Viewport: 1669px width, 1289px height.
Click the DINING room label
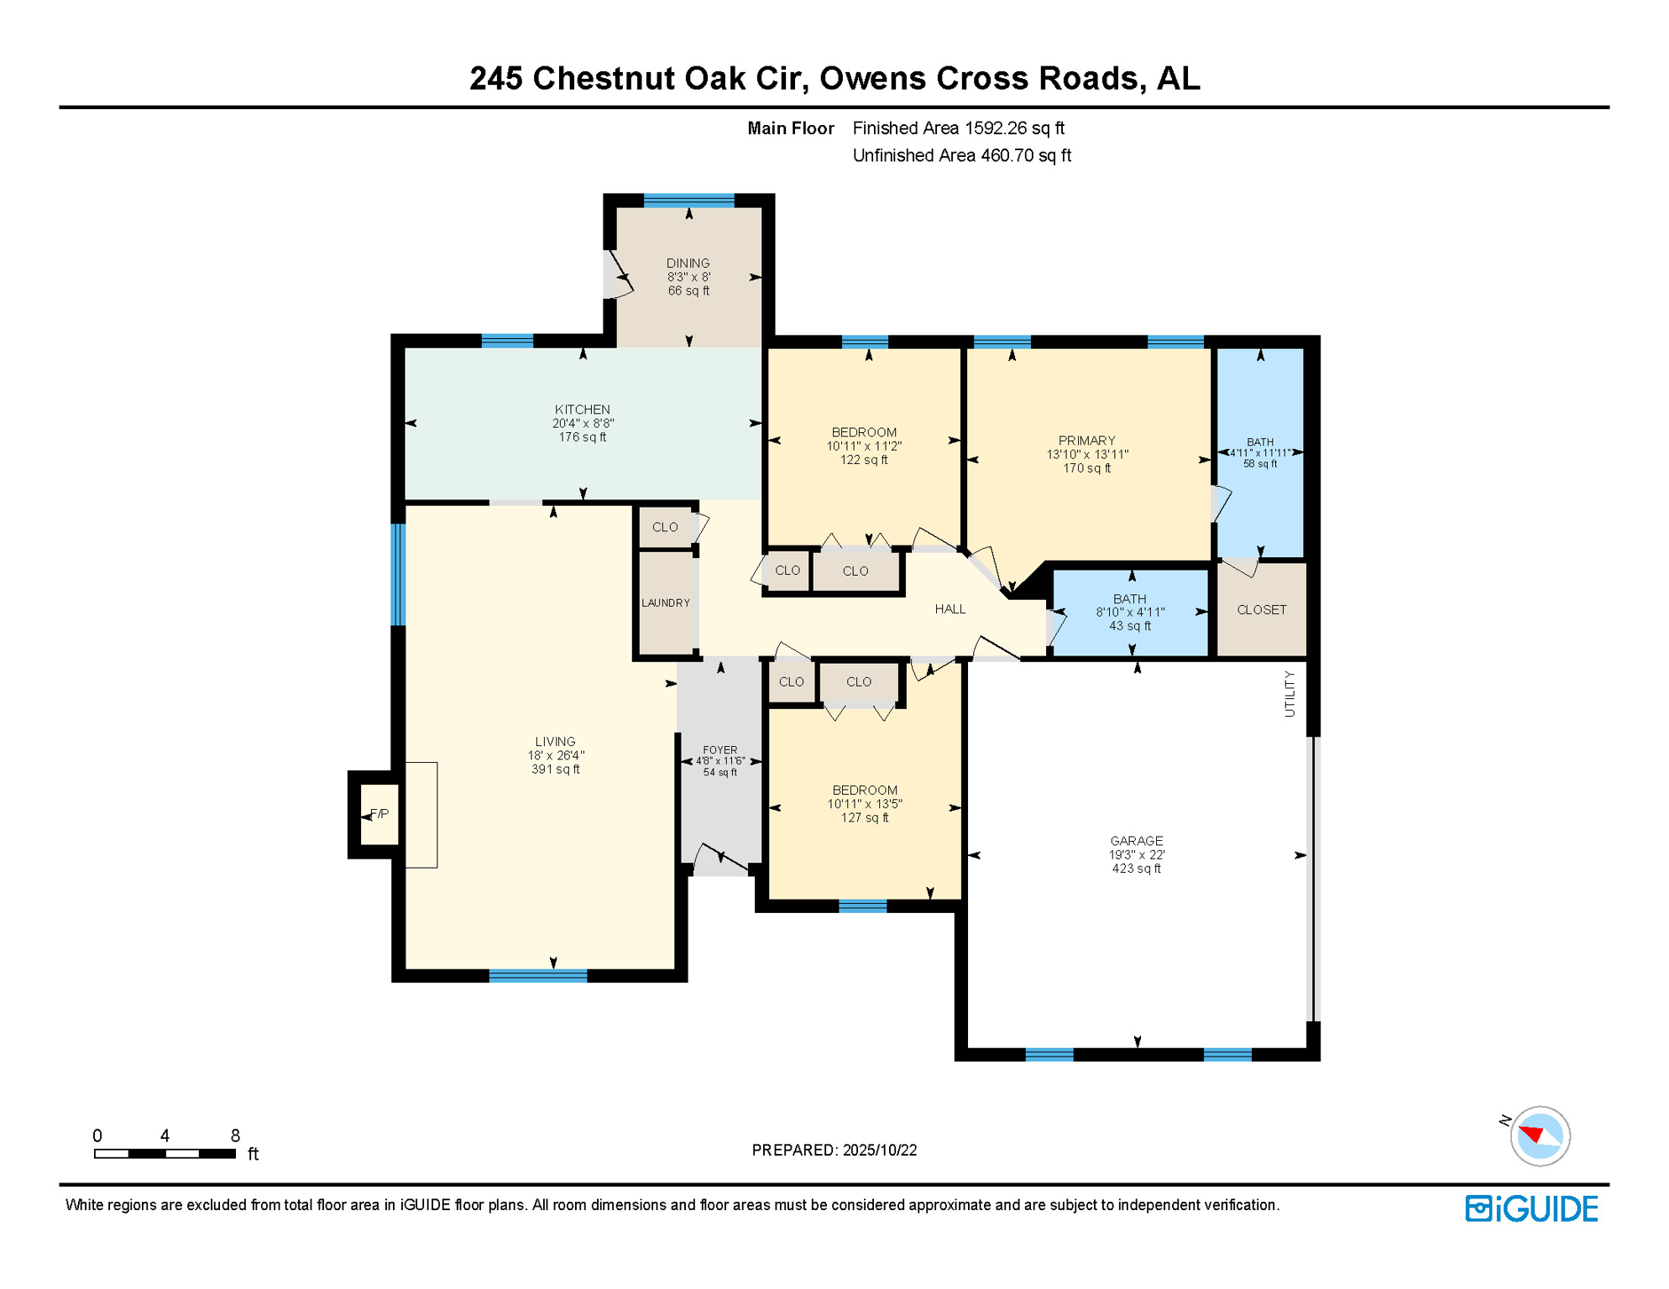pyautogui.click(x=688, y=264)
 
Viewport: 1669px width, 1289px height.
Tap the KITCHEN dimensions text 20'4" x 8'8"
pyautogui.click(x=583, y=424)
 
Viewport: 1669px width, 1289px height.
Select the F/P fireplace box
pyautogui.click(x=379, y=814)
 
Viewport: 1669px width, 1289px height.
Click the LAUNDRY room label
pyautogui.click(x=666, y=603)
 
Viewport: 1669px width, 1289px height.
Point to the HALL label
pyautogui.click(x=950, y=609)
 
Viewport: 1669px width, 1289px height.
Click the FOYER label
pyautogui.click(x=720, y=750)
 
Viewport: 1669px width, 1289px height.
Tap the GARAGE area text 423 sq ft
pyautogui.click(x=1136, y=869)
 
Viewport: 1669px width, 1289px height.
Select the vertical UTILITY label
pyautogui.click(x=1290, y=694)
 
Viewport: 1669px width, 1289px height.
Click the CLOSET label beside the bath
pyautogui.click(x=1261, y=610)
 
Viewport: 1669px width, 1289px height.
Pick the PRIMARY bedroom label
pyautogui.click(x=1086, y=441)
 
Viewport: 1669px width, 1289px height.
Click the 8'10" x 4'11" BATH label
pyautogui.click(x=1129, y=599)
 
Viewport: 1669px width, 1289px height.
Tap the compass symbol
pyautogui.click(x=1540, y=1136)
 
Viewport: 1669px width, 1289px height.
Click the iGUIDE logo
pyautogui.click(x=1531, y=1208)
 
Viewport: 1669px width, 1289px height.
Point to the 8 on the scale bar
pyautogui.click(x=235, y=1135)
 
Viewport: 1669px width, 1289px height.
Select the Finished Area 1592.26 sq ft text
pyautogui.click(x=958, y=128)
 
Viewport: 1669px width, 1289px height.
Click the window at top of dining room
pyautogui.click(x=688, y=201)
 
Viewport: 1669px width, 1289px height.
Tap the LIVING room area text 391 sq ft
pyautogui.click(x=555, y=770)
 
